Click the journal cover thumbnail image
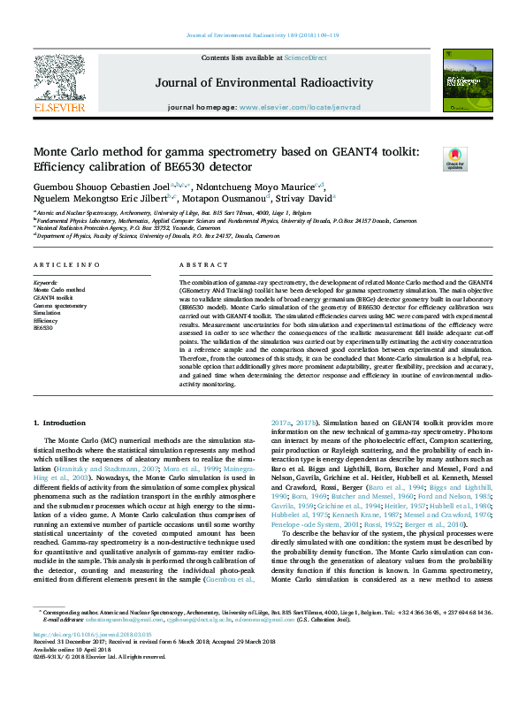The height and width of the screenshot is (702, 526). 465,80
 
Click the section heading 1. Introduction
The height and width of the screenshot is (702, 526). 60,423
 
